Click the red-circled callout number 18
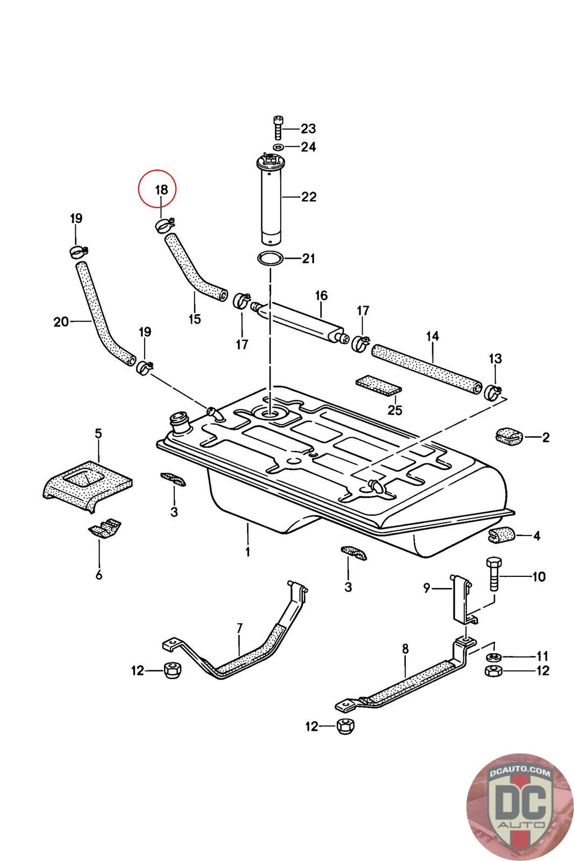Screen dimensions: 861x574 pyautogui.click(x=161, y=189)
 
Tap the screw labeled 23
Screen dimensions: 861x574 pyautogui.click(x=278, y=128)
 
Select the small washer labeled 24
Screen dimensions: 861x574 pyautogui.click(x=278, y=147)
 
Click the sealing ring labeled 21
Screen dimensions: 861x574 pyautogui.click(x=271, y=259)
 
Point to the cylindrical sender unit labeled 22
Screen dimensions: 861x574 pyautogui.click(x=271, y=199)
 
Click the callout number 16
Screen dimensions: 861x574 pyautogui.click(x=321, y=295)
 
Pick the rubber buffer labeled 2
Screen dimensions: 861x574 pyautogui.click(x=508, y=436)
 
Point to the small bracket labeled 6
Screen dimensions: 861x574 pyautogui.click(x=105, y=527)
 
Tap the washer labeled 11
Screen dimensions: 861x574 pyautogui.click(x=493, y=657)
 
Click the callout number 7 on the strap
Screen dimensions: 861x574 pyautogui.click(x=239, y=627)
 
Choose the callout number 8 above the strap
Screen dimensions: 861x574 pyautogui.click(x=405, y=649)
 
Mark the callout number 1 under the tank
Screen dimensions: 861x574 pyautogui.click(x=247, y=552)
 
